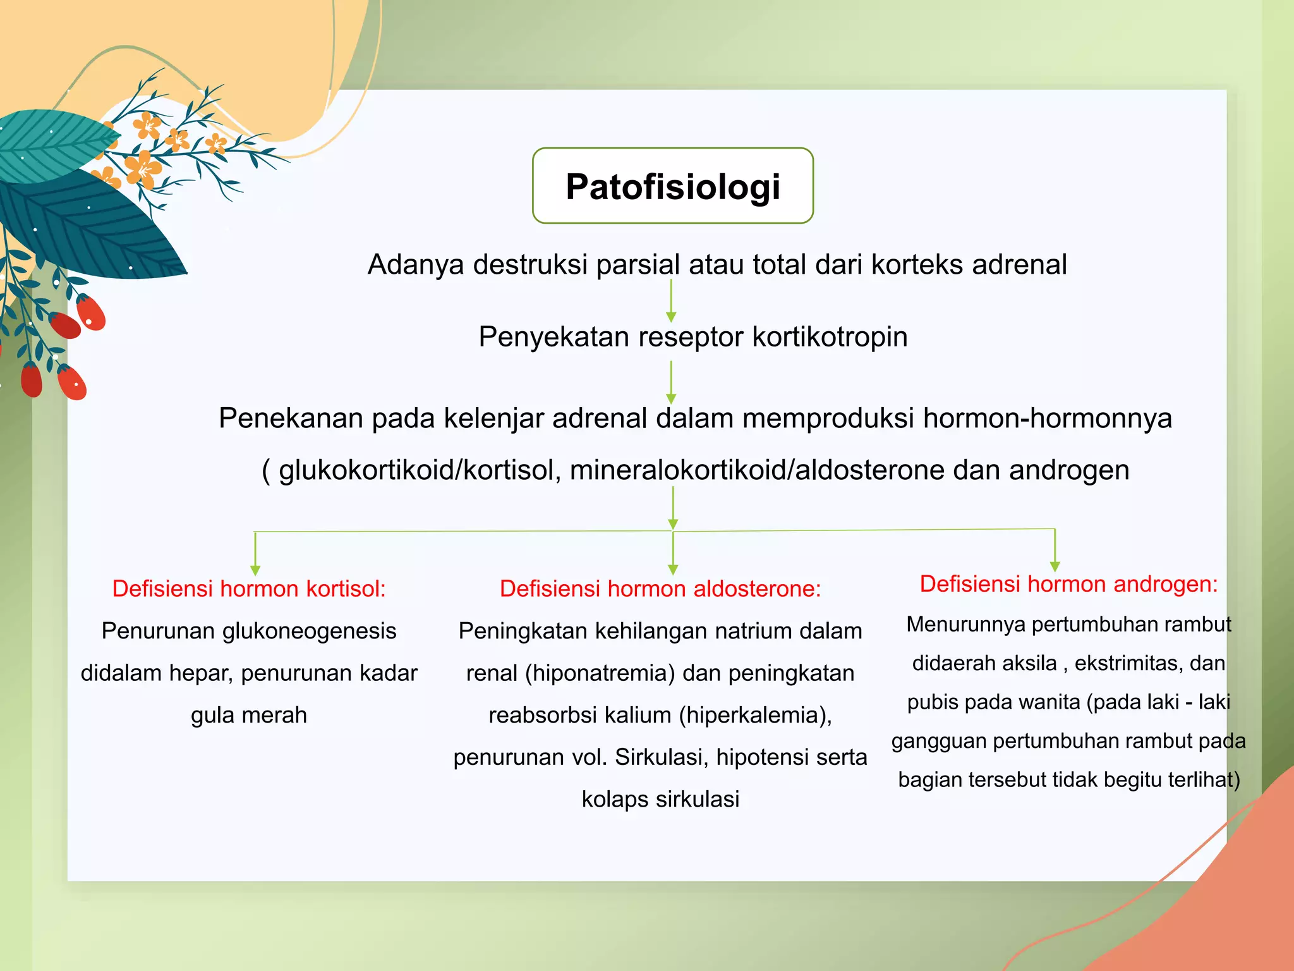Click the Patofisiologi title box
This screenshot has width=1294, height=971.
pos(672,186)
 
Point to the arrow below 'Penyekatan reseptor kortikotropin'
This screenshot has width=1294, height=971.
pos(671,382)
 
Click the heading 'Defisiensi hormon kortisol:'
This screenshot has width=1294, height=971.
pos(249,589)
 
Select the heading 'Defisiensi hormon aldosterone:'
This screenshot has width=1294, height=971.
pos(660,589)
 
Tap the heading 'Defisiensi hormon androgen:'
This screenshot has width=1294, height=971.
pos(1068,583)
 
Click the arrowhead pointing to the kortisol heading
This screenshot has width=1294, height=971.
pos(255,570)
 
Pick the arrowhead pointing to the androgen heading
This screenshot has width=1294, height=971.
pos(1055,566)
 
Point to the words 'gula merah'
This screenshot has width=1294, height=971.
pos(249,715)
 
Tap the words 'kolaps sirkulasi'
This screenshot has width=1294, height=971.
pos(660,799)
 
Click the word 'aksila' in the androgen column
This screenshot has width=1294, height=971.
pos(1027,663)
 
